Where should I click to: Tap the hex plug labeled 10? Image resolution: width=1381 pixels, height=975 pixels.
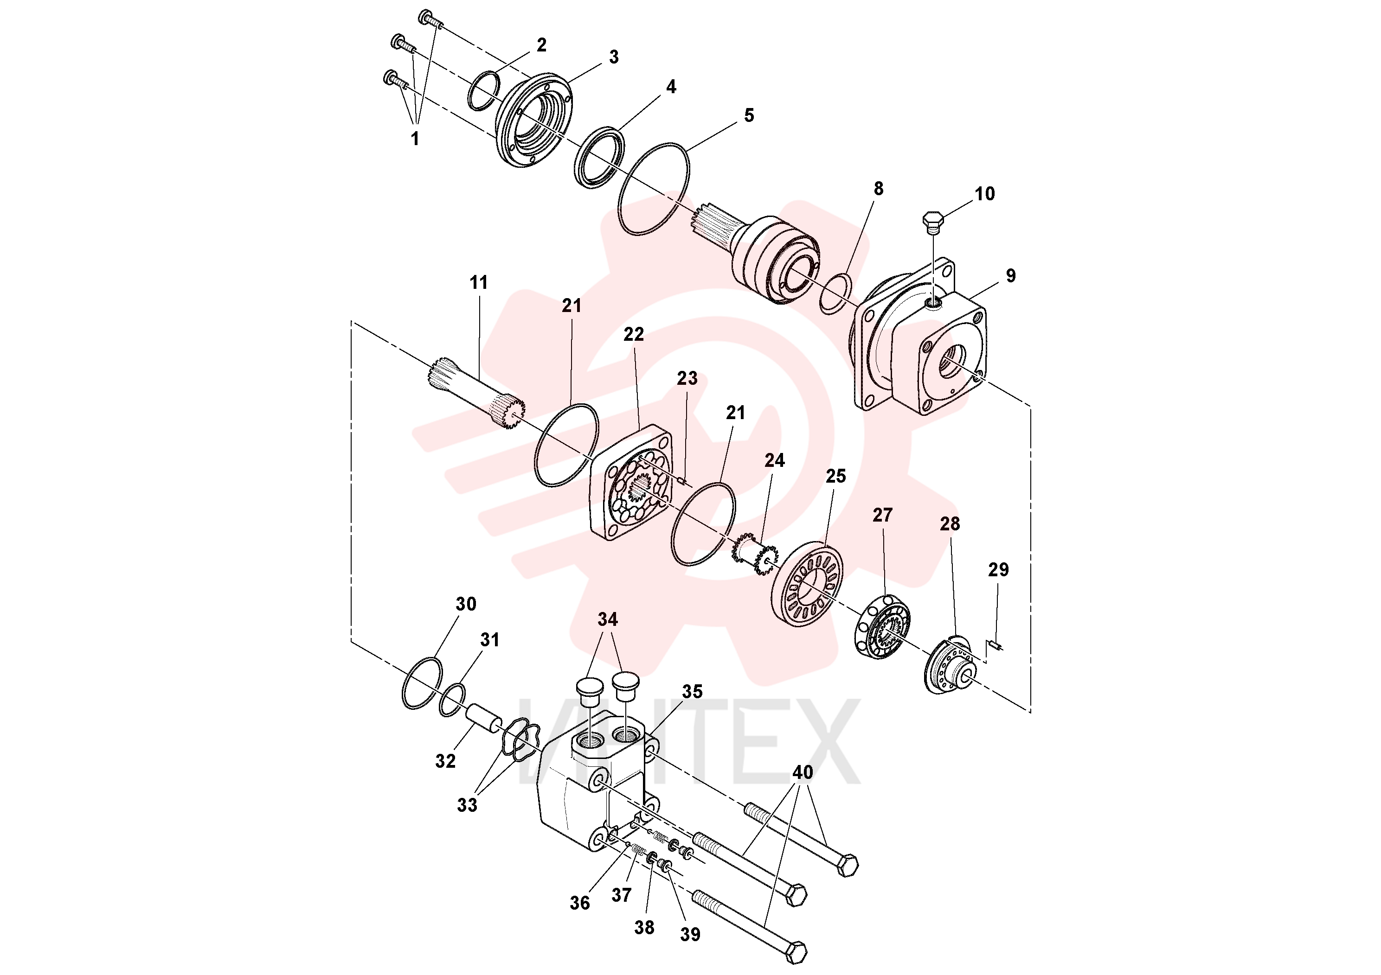point(933,221)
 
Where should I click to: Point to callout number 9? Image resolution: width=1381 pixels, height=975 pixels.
point(1010,275)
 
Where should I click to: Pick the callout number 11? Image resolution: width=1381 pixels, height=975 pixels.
point(479,282)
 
